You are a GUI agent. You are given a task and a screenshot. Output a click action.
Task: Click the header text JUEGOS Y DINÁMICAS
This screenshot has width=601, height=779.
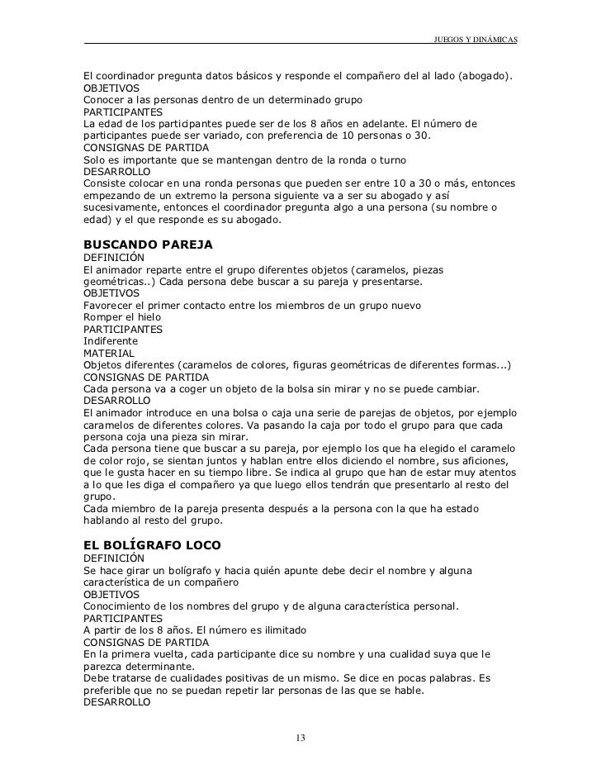point(475,40)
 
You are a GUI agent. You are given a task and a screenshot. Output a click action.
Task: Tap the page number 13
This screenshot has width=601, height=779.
point(300,737)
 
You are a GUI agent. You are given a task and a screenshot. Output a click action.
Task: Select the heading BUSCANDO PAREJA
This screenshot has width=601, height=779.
point(149,245)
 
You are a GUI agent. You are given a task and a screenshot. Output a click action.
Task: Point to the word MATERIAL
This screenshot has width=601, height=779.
point(109,353)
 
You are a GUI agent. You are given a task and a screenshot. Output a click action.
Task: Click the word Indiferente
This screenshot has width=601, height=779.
point(111,340)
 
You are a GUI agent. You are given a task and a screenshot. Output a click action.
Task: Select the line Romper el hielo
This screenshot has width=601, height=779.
point(122,317)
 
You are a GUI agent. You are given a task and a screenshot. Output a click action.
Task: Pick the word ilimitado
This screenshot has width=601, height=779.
point(280,630)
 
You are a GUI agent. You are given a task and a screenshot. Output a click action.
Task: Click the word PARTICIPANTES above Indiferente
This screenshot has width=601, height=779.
point(123,329)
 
